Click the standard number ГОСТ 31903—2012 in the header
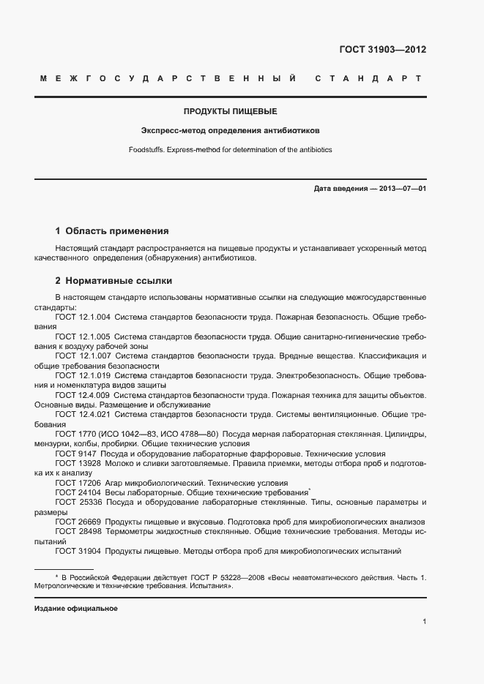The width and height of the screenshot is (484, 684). click(x=382, y=50)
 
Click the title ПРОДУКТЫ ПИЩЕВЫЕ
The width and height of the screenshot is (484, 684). click(x=230, y=112)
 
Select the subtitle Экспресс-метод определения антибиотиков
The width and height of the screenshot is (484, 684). click(x=230, y=131)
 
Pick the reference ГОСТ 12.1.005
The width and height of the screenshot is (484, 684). click(x=83, y=337)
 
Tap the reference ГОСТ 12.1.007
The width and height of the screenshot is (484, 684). click(x=83, y=356)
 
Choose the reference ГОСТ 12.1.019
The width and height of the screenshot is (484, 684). click(x=83, y=375)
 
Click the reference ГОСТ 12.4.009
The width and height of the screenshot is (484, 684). click(x=83, y=395)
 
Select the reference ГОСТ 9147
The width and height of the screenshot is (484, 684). click(x=72, y=454)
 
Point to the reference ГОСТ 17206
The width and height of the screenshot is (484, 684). click(x=75, y=483)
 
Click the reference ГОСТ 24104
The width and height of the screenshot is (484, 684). click(x=75, y=493)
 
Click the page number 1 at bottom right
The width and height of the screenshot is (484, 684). click(x=424, y=622)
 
